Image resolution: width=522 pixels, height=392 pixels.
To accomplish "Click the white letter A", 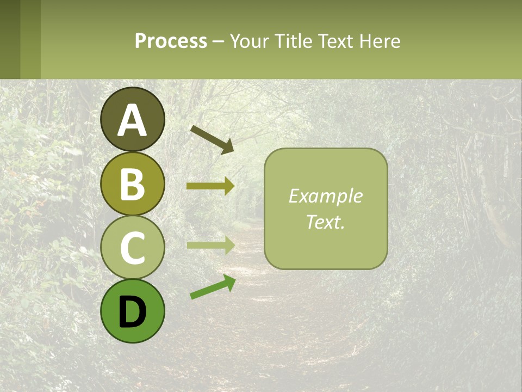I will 132,120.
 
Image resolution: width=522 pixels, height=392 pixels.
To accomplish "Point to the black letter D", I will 132,312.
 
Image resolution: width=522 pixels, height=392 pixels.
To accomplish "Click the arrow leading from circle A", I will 212,139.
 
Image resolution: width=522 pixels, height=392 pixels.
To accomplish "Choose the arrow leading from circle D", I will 213,287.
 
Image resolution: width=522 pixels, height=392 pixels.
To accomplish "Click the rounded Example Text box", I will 326,242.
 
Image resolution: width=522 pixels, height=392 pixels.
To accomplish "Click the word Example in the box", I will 325,196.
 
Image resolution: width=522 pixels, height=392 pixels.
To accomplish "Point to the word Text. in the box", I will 325,222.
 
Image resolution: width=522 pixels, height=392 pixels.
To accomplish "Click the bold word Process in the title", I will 171,41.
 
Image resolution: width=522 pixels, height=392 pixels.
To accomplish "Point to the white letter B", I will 132,184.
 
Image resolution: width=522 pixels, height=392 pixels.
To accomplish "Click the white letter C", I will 132,248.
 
